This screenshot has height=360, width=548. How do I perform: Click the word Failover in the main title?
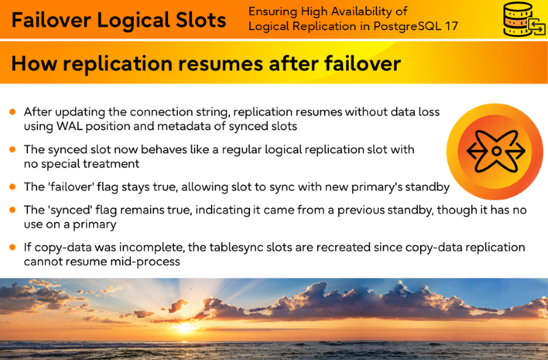tap(51, 20)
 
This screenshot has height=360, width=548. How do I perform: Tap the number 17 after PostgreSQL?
tap(451, 26)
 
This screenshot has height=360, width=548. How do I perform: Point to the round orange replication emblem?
tap(495, 151)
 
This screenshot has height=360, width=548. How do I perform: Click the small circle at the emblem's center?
tap(496, 151)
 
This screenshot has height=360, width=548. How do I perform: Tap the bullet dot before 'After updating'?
tap(12, 112)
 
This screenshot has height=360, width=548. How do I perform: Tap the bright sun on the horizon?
tap(184, 326)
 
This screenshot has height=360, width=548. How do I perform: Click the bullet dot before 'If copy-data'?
tap(12, 247)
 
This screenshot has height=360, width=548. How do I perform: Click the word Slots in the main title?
tap(201, 20)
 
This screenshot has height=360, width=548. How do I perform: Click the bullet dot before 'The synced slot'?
tap(12, 149)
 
